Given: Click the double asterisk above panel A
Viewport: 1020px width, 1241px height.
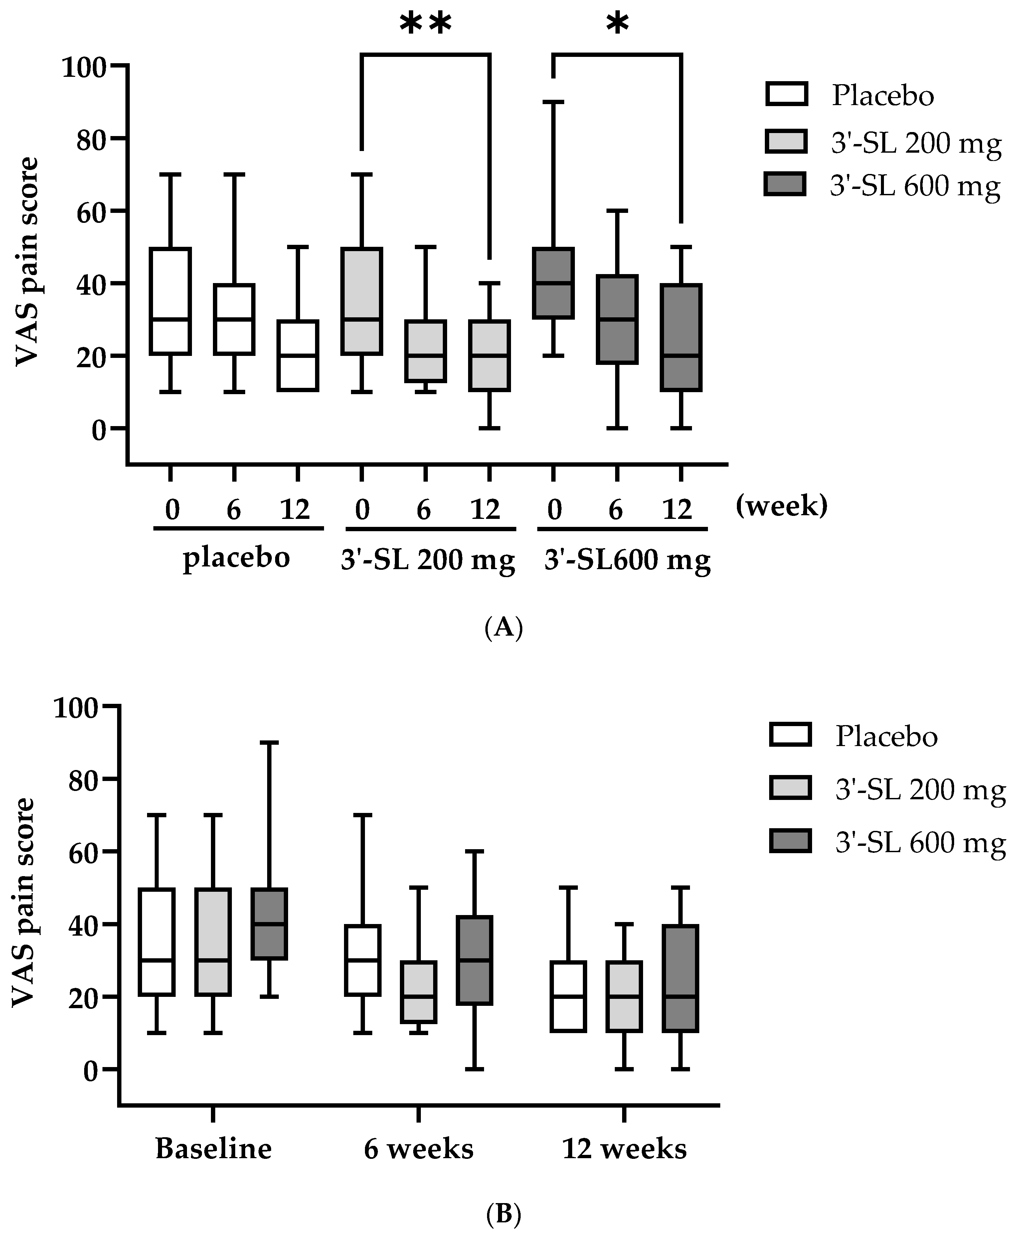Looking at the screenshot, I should [425, 25].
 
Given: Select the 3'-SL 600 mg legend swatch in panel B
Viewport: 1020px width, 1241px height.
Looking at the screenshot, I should [790, 841].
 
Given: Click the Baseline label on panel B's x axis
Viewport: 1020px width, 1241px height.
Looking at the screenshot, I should [213, 1148].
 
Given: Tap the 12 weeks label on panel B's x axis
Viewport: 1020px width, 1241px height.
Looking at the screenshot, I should [624, 1148].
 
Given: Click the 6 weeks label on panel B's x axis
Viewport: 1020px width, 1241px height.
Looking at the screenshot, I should [418, 1148].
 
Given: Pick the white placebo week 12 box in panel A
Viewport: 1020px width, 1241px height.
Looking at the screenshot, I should [298, 355].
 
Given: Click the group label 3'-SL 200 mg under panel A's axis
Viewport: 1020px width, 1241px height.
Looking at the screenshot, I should [428, 559].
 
